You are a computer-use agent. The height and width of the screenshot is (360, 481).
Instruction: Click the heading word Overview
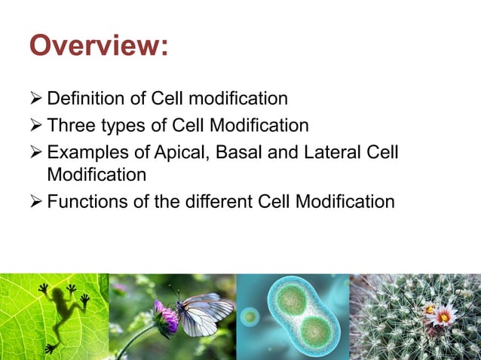pos(98,47)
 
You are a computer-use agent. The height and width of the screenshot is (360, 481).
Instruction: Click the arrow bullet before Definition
pos(36,99)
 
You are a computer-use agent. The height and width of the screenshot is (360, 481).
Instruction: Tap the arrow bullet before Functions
pos(36,203)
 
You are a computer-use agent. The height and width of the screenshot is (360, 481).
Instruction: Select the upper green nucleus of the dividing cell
pos(289,299)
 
